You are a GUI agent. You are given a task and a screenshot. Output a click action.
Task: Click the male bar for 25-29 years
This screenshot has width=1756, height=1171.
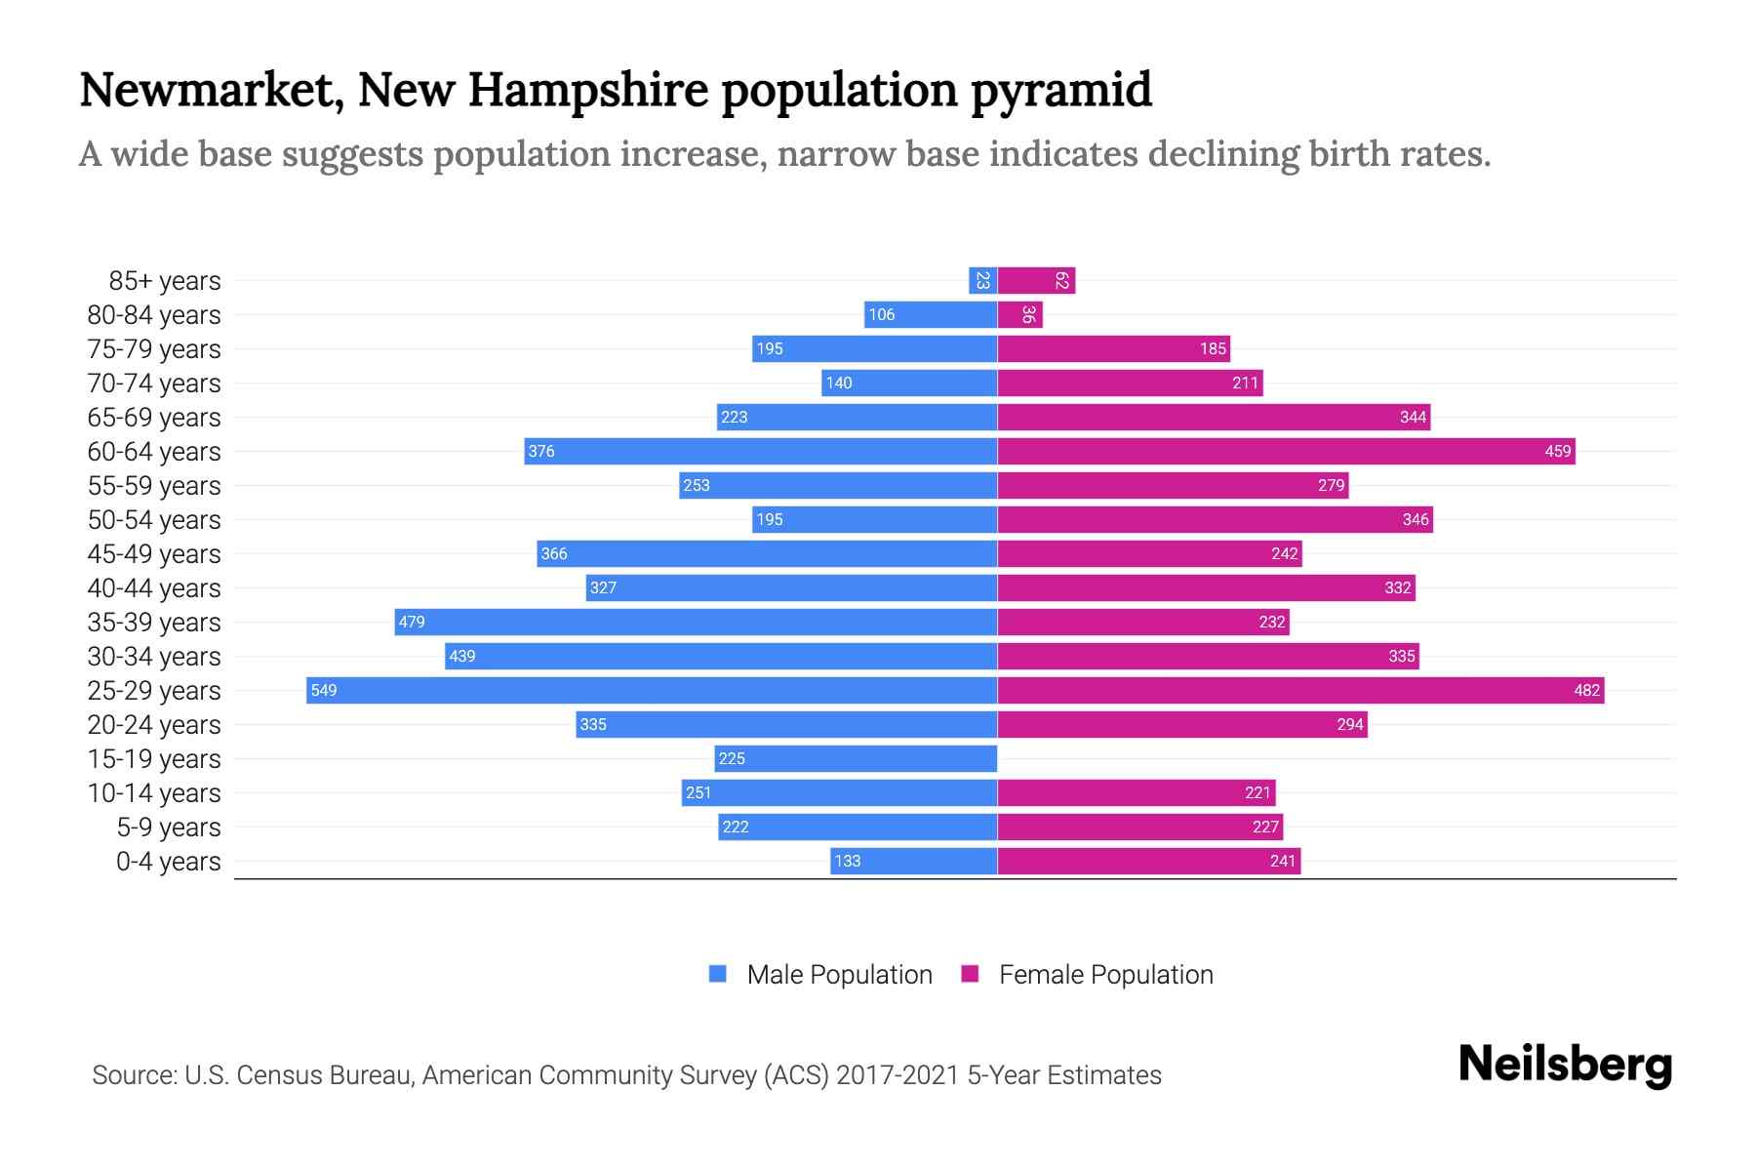[652, 690]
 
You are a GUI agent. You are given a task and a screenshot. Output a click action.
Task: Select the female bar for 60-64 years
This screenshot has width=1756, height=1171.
[1286, 451]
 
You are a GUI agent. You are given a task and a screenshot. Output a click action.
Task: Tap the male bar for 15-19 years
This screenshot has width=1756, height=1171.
[856, 758]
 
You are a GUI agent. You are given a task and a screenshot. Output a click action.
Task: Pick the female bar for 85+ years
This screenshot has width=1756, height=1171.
[1036, 281]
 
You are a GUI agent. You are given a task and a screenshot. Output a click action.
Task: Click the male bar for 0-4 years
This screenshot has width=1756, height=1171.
[913, 861]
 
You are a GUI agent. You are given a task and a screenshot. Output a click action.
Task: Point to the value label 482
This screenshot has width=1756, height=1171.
[1586, 691]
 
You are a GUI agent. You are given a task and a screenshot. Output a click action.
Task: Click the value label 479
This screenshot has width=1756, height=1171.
[412, 622]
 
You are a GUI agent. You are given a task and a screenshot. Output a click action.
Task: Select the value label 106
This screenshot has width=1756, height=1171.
[881, 314]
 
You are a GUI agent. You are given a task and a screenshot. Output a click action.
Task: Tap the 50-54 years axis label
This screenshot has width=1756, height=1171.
[154, 520]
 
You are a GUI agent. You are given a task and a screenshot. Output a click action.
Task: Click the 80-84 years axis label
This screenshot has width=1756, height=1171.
[154, 315]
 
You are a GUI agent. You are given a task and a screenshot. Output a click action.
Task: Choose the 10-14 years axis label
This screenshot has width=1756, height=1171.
[154, 793]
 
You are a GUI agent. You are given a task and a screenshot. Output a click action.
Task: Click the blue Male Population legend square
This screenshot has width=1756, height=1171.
[718, 974]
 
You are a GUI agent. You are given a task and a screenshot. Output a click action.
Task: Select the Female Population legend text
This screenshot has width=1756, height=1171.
[1105, 975]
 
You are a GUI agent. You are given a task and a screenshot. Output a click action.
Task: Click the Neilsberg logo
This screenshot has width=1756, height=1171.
[1565, 1065]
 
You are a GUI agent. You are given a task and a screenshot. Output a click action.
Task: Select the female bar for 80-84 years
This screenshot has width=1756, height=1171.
[1019, 314]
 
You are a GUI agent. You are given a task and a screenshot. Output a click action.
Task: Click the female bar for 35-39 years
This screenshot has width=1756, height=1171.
[1142, 622]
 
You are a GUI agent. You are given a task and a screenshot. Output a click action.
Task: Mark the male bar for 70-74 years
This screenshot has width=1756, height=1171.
[909, 383]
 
